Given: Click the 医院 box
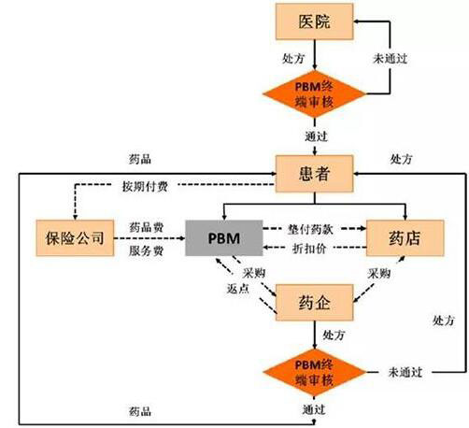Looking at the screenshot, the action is pyautogui.click(x=314, y=21).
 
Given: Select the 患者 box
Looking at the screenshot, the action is pyautogui.click(x=314, y=174).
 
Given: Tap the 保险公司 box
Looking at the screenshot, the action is pyautogui.click(x=75, y=238).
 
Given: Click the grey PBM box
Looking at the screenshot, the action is pyautogui.click(x=224, y=238).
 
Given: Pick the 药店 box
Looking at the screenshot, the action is pyautogui.click(x=405, y=238).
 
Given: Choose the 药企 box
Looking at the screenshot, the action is pyautogui.click(x=314, y=303).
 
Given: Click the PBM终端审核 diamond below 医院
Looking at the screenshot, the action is pyautogui.click(x=314, y=93).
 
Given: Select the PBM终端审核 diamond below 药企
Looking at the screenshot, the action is pyautogui.click(x=314, y=372).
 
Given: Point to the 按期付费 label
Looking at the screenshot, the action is pyautogui.click(x=145, y=186).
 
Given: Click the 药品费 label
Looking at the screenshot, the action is pyautogui.click(x=146, y=227).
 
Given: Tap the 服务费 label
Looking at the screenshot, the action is pyautogui.click(x=146, y=250).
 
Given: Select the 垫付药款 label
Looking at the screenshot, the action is pyautogui.click(x=310, y=229).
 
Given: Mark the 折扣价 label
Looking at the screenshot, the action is pyautogui.click(x=309, y=249).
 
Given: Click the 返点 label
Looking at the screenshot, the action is pyautogui.click(x=238, y=289).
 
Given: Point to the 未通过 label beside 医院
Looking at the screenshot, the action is pyautogui.click(x=391, y=58).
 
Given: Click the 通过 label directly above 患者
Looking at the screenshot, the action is pyautogui.click(x=316, y=136).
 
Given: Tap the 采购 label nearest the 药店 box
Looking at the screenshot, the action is pyautogui.click(x=378, y=274).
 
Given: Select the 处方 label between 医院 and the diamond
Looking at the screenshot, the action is pyautogui.click(x=293, y=58).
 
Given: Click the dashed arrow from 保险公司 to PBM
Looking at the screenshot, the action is pyautogui.click(x=149, y=238).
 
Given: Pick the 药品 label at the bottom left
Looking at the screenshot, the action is pyautogui.click(x=140, y=411).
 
